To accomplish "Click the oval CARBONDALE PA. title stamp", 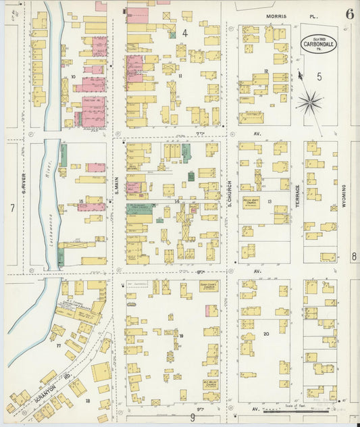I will [x=318, y=44].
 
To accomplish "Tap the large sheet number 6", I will [x=349, y=14].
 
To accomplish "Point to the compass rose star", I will [x=310, y=103].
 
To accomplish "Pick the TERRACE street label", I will [x=297, y=196].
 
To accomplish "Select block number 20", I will [x=265, y=334].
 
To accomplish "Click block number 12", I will [x=266, y=71].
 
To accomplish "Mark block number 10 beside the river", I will [x=73, y=77].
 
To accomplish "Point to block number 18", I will [x=87, y=401].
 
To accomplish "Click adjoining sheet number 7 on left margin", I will [x=11, y=207].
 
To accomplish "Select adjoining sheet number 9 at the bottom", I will [x=192, y=418].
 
